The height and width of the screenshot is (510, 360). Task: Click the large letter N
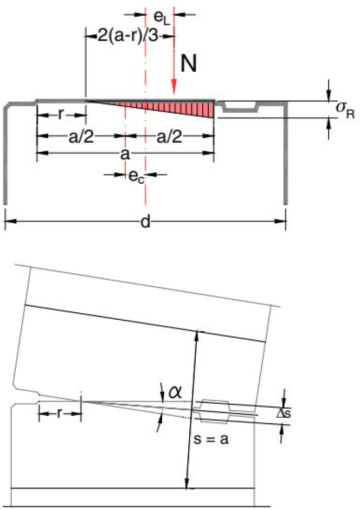(x=189, y=63)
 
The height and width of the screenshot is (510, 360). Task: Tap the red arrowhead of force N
(x=175, y=88)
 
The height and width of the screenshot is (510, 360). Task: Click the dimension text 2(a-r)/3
(x=128, y=36)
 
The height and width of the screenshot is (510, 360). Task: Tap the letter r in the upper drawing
(x=61, y=115)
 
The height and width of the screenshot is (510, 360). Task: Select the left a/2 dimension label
(x=81, y=137)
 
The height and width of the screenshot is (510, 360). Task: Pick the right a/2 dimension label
(x=169, y=137)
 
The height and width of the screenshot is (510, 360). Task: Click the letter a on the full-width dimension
(x=125, y=154)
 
